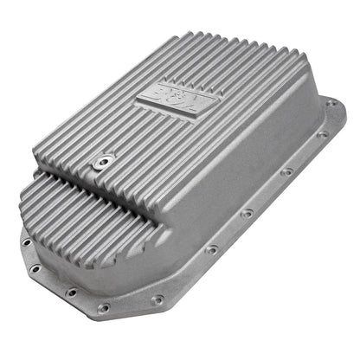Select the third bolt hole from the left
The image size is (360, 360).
pyautogui.click(x=68, y=291)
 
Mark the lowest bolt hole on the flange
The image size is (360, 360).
pyautogui.click(x=104, y=307)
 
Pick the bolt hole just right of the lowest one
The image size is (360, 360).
pyautogui.click(x=157, y=299)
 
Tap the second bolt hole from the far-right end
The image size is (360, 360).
pyautogui.click(x=321, y=134)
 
